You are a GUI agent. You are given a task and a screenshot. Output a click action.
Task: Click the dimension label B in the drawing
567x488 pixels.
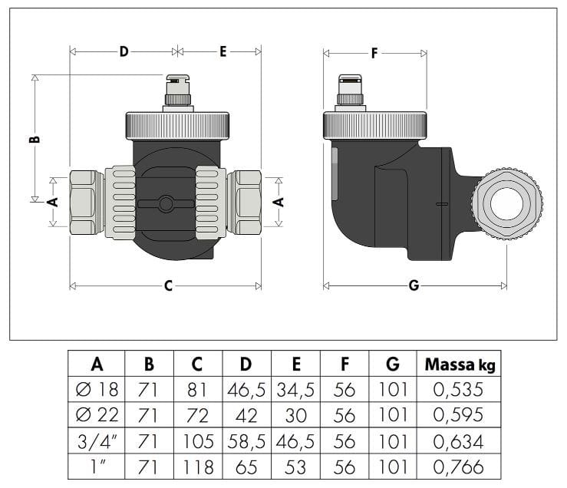point(35,139)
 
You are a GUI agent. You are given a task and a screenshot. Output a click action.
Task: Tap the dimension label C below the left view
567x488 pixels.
point(168,286)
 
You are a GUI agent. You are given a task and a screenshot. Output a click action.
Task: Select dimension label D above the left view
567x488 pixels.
point(124,51)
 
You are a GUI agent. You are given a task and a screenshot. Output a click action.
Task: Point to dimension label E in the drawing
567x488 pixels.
point(223,51)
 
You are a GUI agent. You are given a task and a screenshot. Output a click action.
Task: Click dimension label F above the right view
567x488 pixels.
point(374,53)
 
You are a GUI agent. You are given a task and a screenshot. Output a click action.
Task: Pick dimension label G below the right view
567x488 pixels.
point(414,286)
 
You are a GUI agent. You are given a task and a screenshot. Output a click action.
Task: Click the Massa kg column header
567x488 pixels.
point(460,364)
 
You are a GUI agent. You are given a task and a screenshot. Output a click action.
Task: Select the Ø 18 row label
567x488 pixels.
point(97,390)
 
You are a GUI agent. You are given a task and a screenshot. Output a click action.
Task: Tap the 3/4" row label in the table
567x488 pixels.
point(97,442)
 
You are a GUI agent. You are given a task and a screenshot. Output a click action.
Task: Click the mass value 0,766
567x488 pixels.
point(459,467)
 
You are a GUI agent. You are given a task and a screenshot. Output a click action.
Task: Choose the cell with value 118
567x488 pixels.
point(198,467)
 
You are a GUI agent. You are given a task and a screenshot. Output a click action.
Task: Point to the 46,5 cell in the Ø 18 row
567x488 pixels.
point(247,390)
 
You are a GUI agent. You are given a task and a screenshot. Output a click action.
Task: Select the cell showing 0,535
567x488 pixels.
point(459,390)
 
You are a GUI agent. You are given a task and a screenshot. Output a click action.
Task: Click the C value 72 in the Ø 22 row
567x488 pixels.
point(198,416)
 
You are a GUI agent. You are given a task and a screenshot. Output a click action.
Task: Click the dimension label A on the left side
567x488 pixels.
point(52,202)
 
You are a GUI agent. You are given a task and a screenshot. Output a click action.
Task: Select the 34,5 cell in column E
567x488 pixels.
point(296,390)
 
